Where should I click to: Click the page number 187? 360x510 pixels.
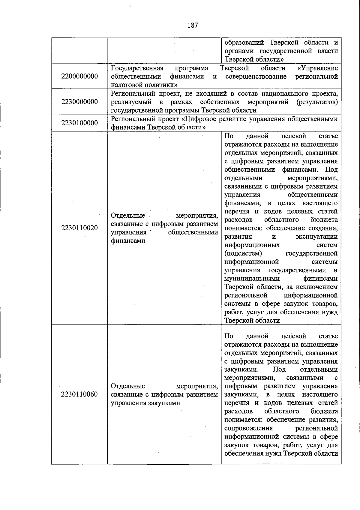pyautogui.click(x=193, y=25)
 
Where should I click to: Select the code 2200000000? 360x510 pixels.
pyautogui.click(x=79, y=76)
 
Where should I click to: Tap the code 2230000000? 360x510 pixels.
pyautogui.click(x=79, y=102)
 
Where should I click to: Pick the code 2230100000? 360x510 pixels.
pyautogui.click(x=79, y=123)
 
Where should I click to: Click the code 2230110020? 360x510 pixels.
pyautogui.click(x=79, y=228)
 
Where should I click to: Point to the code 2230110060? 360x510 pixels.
pyautogui.click(x=79, y=394)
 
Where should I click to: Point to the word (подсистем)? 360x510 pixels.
pyautogui.click(x=243, y=253)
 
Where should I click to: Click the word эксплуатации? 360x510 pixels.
pyautogui.click(x=316, y=237)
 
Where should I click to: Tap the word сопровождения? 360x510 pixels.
pyautogui.click(x=248, y=428)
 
